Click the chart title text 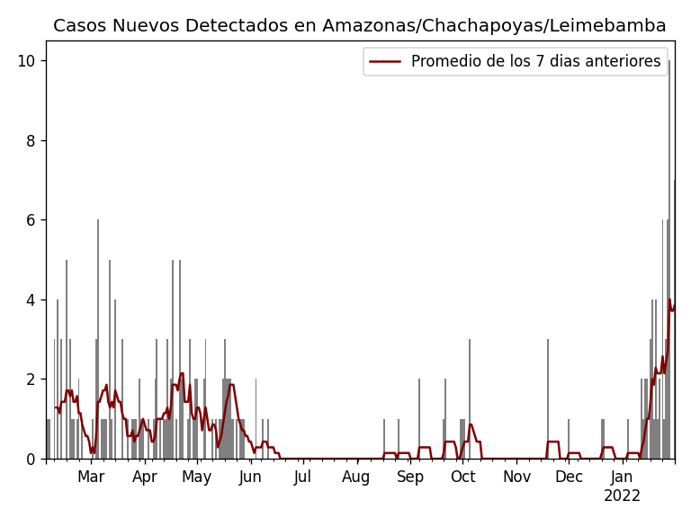359,25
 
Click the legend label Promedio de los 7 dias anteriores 535,61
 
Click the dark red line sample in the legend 386,61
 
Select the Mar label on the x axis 91,477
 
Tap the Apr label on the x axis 145,477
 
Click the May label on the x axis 197,477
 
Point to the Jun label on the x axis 250,477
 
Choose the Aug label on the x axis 356,477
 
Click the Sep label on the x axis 410,477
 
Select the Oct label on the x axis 462,477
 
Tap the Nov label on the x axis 516,477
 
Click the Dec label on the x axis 569,477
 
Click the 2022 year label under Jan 622,496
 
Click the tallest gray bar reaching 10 669,261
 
